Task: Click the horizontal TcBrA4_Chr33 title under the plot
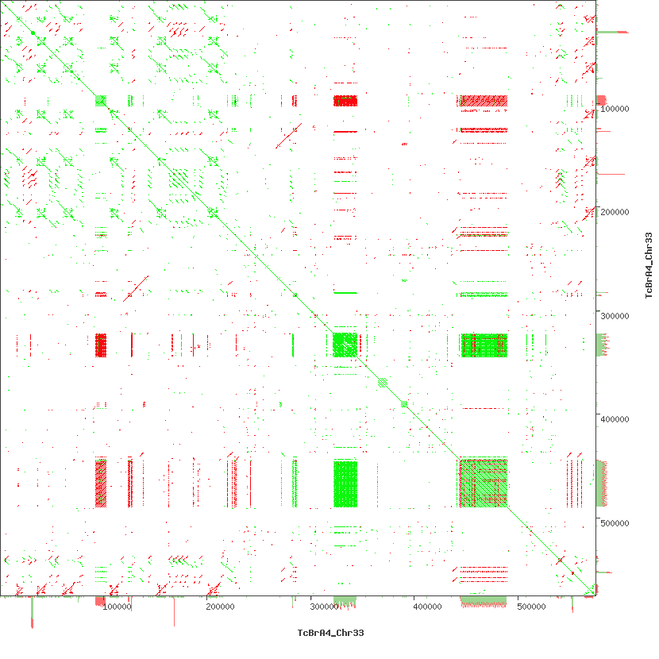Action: (x=330, y=633)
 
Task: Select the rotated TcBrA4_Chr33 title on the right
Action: (x=648, y=265)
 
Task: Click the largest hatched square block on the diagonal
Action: (x=483, y=483)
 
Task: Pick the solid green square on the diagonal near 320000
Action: (x=345, y=345)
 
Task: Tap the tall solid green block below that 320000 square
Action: (x=345, y=483)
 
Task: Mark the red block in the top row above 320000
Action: (x=345, y=101)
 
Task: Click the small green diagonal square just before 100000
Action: (x=100, y=100)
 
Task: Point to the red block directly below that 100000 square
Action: (x=101, y=345)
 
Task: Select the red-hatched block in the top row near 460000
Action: (x=483, y=101)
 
